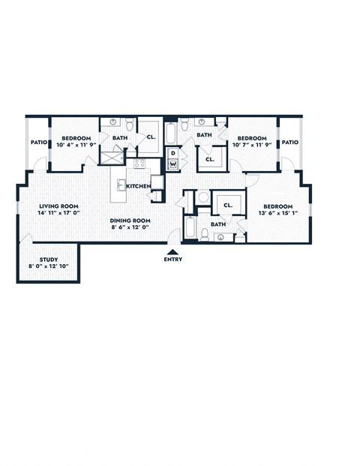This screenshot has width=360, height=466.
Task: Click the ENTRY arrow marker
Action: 172,251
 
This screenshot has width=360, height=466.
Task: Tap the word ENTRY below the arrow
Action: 172,260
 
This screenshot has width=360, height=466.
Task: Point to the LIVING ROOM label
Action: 58,206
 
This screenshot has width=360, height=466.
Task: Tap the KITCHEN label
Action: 139,185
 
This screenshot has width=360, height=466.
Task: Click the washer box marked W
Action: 172,166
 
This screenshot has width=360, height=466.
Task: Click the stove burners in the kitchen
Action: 139,164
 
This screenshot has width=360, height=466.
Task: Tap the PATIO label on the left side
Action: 39,142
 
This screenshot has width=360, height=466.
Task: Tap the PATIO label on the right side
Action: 289,142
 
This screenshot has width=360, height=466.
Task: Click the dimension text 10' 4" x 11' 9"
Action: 76,145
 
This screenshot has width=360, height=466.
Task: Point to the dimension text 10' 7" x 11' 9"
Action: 252,145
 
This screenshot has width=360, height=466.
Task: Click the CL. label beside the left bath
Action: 151,137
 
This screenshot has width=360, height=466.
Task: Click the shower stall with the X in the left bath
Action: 112,158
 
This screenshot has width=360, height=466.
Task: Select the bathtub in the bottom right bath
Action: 190,227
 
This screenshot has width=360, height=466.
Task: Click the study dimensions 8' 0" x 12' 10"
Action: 49,266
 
